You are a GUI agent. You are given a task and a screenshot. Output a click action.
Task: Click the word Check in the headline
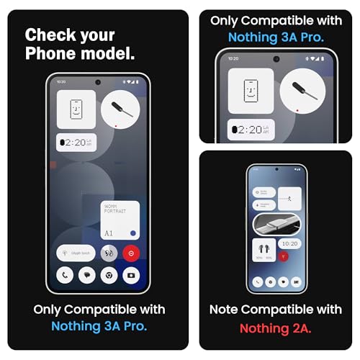[48, 35]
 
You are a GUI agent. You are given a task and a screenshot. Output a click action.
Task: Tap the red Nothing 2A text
[276, 328]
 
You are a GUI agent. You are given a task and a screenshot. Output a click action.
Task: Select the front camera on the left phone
[98, 82]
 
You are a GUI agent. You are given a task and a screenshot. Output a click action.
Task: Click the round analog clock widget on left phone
[120, 109]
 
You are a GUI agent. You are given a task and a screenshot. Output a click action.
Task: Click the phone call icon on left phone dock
[66, 276]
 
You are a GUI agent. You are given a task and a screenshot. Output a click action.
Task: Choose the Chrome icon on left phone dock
[109, 276]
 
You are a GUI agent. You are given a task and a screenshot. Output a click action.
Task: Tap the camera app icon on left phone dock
[131, 276]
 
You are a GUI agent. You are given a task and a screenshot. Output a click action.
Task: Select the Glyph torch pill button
[75, 253]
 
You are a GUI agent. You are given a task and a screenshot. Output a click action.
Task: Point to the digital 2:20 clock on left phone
[76, 143]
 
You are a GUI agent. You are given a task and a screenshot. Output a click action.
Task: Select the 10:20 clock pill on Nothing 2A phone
[288, 243]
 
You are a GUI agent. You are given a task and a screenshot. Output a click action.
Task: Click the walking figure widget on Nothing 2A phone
[289, 196]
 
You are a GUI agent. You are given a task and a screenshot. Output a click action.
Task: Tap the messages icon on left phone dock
[87, 276]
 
